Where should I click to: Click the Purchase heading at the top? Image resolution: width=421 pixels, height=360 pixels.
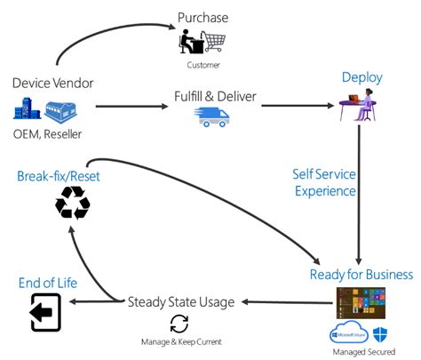(x=203, y=17)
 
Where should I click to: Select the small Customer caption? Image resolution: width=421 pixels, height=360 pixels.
(x=203, y=65)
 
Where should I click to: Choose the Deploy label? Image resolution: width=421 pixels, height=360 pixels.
(x=361, y=77)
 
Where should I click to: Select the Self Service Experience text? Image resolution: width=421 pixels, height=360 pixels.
(x=324, y=181)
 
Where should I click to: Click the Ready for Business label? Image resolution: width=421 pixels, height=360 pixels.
(x=361, y=274)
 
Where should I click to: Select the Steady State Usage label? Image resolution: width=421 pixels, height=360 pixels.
(x=181, y=301)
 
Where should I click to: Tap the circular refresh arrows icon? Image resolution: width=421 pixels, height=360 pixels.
(x=179, y=324)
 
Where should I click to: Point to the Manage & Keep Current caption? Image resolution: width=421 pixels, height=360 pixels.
(x=180, y=341)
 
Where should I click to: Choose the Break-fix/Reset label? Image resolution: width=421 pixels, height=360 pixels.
(x=59, y=175)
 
